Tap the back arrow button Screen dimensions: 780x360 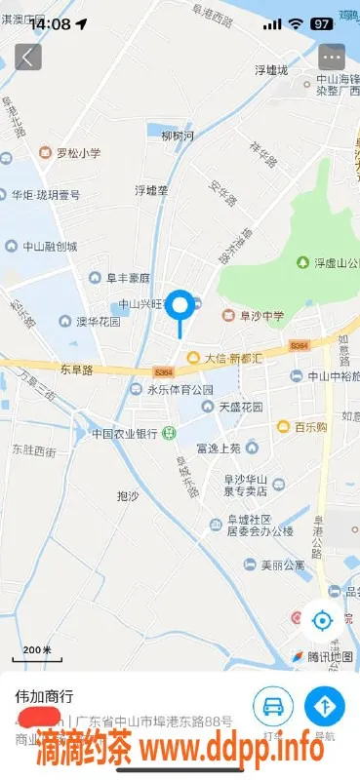[27, 57]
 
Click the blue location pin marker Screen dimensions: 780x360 [180, 307]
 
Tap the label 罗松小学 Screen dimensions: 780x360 [77, 153]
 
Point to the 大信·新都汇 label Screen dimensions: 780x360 [233, 358]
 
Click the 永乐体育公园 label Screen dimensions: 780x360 [180, 390]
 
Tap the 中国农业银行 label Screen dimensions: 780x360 [125, 433]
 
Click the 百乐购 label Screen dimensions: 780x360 [311, 427]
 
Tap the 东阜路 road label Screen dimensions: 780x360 [75, 370]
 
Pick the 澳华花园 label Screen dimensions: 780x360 [98, 321]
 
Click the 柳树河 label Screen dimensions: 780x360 [178, 135]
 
